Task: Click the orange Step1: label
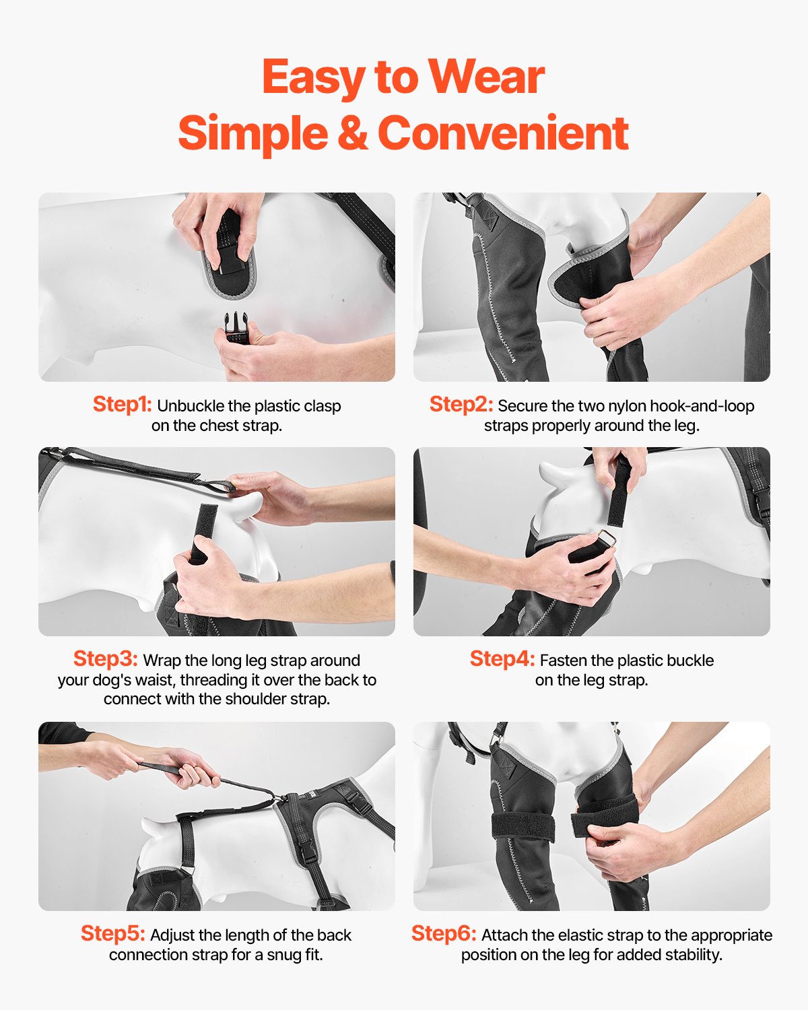tap(122, 404)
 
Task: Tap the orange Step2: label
tap(461, 404)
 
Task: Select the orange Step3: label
tap(105, 659)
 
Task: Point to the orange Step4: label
tap(502, 659)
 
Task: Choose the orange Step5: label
tap(112, 933)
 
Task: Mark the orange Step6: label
tap(444, 933)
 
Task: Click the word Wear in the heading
tap(486, 77)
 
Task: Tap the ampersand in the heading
tap(352, 133)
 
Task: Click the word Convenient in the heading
tap(503, 133)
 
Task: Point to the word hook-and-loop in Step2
tap(700, 406)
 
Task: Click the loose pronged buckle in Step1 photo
tap(236, 328)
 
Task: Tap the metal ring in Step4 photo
tap(606, 539)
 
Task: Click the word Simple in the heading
tap(253, 133)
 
